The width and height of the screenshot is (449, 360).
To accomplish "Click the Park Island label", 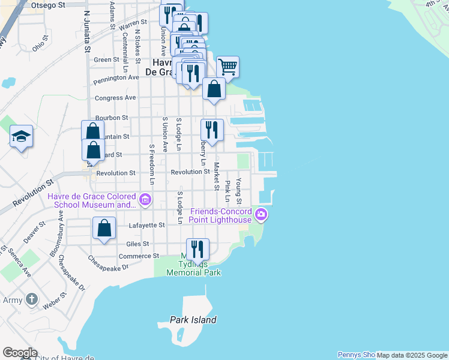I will (193, 320).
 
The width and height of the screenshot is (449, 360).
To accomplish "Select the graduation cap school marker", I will (21, 136).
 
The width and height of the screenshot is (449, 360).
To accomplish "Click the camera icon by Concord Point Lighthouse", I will (261, 214).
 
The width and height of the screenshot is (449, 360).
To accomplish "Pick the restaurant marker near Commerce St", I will (197, 248).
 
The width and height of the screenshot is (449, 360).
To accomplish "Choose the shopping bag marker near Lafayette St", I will (104, 229).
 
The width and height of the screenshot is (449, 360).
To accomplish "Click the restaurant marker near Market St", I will (212, 129).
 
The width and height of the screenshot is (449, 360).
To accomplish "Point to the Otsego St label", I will (48, 5).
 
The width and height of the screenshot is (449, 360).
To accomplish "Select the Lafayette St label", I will (147, 225).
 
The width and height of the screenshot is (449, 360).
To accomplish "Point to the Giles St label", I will (137, 244).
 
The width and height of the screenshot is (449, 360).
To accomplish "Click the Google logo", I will (20, 353).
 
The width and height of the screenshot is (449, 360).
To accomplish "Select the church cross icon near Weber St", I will (32, 299).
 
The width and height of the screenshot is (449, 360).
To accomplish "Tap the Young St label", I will (239, 190).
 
